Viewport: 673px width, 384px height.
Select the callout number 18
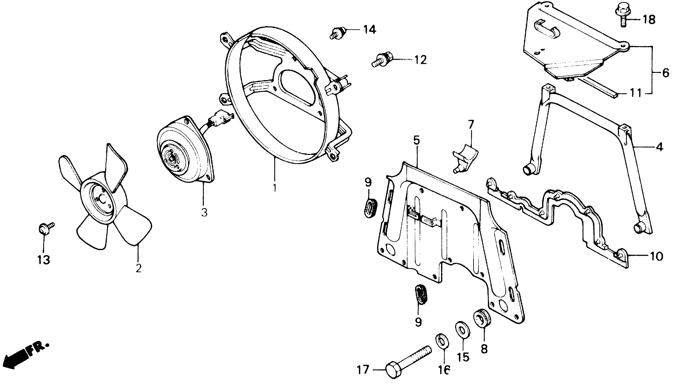pos(649,19)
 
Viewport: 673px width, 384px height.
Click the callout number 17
pos(363,370)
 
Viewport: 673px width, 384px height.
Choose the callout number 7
pos(471,124)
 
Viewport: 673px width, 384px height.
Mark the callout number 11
pos(635,93)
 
